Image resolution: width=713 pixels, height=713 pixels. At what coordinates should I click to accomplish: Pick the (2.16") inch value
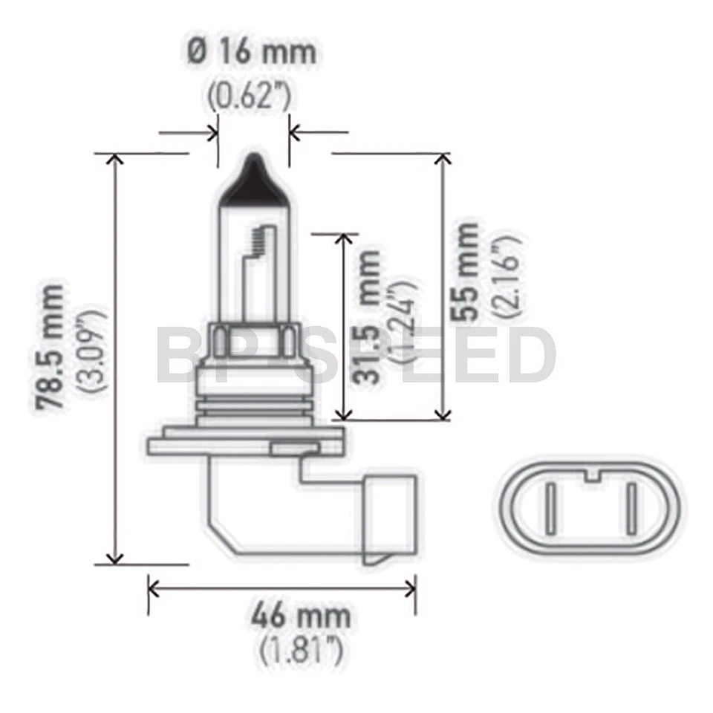512,276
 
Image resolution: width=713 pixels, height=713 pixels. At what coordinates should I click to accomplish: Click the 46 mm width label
300,616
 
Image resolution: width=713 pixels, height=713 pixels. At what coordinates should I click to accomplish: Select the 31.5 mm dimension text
369,317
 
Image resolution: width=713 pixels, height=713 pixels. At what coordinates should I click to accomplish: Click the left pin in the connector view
550,509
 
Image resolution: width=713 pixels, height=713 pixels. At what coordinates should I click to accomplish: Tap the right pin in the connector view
631,509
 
